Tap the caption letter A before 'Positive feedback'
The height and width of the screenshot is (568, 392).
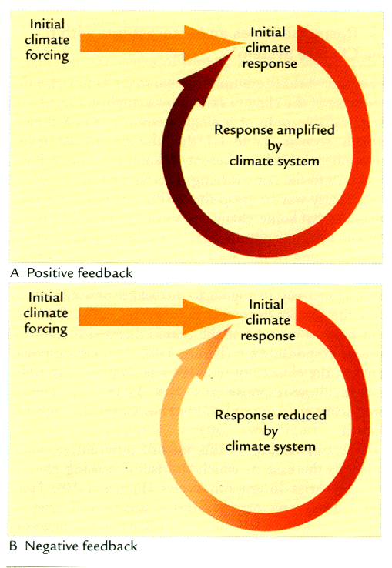pyautogui.click(x=15, y=272)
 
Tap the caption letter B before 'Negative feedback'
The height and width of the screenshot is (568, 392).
pyautogui.click(x=13, y=546)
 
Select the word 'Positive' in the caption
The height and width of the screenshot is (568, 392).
pyautogui.click(x=50, y=272)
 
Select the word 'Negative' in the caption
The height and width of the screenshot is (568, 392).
pyautogui.click(x=51, y=546)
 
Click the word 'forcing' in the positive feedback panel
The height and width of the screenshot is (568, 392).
pyautogui.click(x=47, y=56)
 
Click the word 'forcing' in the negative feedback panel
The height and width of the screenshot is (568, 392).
pyautogui.click(x=45, y=329)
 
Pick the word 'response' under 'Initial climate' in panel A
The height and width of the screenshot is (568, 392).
pyautogui.click(x=270, y=64)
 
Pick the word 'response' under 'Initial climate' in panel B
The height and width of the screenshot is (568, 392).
pyautogui.click(x=268, y=336)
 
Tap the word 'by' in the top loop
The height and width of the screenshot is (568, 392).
pyautogui.click(x=275, y=146)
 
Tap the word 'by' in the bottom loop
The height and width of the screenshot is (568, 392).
pyautogui.click(x=271, y=431)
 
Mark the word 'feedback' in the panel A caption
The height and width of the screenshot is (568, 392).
pyautogui.click(x=106, y=272)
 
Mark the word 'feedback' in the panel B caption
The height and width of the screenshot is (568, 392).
pyautogui.click(x=110, y=546)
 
